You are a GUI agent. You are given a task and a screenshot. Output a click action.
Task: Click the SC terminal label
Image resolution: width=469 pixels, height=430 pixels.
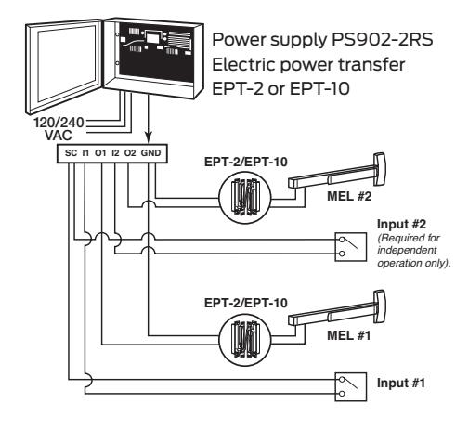click(71, 153)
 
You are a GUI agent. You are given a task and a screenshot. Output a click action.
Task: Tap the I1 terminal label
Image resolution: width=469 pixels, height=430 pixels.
click(85, 153)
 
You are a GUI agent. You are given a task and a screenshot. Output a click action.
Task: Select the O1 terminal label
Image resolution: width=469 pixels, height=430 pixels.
click(100, 153)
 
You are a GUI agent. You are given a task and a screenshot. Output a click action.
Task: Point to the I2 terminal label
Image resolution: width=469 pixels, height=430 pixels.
click(115, 153)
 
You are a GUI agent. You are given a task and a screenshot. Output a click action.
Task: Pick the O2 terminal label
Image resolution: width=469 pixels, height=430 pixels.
click(130, 153)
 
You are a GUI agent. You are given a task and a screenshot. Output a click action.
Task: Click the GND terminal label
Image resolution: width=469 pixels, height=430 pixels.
click(150, 153)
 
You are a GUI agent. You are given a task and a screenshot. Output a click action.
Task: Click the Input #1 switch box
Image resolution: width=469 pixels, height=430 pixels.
click(351, 386)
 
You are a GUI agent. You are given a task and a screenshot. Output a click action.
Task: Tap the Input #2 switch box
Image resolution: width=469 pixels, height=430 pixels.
click(351, 247)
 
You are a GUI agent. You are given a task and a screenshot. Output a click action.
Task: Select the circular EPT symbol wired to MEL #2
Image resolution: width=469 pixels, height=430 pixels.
click(245, 198)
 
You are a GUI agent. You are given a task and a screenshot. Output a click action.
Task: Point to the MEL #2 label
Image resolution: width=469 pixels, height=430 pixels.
click(349, 196)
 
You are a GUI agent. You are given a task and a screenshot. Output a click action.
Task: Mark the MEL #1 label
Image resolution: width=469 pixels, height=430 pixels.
click(348, 335)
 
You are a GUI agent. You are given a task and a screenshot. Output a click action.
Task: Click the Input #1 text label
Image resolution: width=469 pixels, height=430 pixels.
click(401, 384)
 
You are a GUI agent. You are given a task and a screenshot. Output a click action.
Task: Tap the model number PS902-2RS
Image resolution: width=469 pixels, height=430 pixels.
click(382, 40)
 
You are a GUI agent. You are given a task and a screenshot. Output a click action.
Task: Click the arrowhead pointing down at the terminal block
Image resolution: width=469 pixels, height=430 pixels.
click(149, 137)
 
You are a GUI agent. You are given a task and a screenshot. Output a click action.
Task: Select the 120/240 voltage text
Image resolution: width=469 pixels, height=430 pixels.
click(59, 123)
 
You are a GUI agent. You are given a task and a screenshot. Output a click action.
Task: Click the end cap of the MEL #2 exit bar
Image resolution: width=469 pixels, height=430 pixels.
click(380, 169)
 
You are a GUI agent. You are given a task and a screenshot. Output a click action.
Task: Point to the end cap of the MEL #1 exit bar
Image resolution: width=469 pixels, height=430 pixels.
click(380, 306)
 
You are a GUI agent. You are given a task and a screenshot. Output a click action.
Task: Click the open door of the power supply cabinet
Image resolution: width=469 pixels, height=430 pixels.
click(63, 67)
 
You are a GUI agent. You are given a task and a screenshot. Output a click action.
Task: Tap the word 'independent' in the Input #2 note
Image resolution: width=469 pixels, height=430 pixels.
click(407, 250)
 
